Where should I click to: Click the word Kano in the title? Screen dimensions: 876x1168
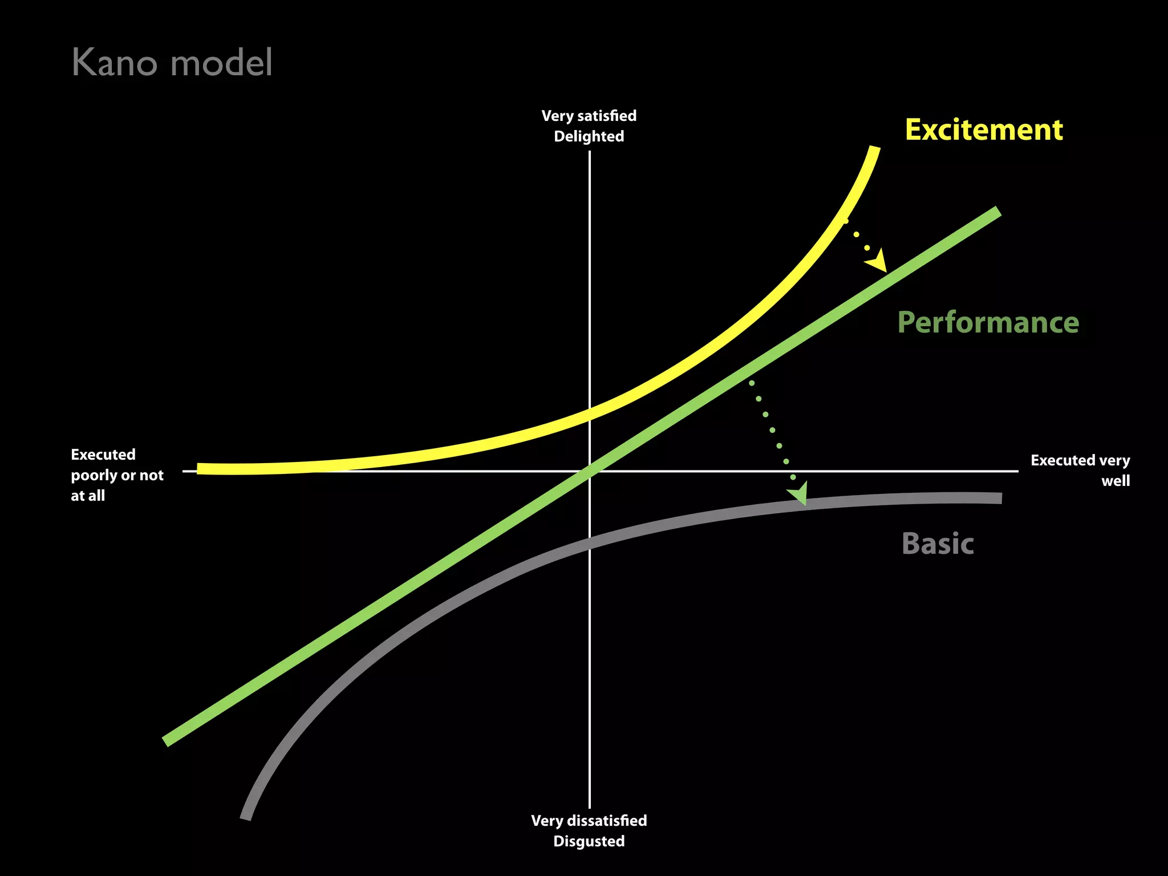point(114,62)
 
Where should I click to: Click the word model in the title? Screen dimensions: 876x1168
point(221,62)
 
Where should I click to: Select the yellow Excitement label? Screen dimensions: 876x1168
point(984,130)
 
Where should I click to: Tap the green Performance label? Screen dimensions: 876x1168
point(988,323)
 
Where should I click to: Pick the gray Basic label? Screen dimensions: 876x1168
point(938,544)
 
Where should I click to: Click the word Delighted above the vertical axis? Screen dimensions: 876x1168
point(589,136)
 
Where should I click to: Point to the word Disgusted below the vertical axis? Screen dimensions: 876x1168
point(589,841)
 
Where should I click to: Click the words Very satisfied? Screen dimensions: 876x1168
point(589,116)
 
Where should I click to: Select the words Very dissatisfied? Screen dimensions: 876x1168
point(589,821)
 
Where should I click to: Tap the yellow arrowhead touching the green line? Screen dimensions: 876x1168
point(878,262)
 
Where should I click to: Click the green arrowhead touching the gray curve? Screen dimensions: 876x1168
point(799,493)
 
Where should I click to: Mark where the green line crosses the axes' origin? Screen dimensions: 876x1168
point(590,471)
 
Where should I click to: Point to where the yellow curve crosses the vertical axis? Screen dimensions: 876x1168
point(590,415)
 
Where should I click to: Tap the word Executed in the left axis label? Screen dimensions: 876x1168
point(103,455)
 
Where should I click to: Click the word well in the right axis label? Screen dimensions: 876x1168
point(1115,481)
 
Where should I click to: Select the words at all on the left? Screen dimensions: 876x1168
point(88,496)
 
